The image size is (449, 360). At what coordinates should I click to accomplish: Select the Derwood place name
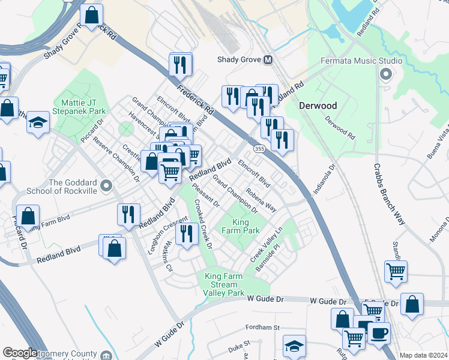[x=318, y=106]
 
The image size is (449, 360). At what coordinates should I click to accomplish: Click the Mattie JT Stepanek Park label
[x=79, y=106]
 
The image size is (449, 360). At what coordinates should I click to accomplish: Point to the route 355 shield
[x=259, y=148]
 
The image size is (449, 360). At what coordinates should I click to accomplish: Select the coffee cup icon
[x=378, y=333]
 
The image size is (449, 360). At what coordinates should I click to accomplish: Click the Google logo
[x=20, y=353]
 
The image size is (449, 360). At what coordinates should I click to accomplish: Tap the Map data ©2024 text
[x=423, y=355]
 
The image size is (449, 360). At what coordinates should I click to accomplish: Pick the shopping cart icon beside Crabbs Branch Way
[x=396, y=271]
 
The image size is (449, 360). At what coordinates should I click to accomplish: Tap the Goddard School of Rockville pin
[x=106, y=187]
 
